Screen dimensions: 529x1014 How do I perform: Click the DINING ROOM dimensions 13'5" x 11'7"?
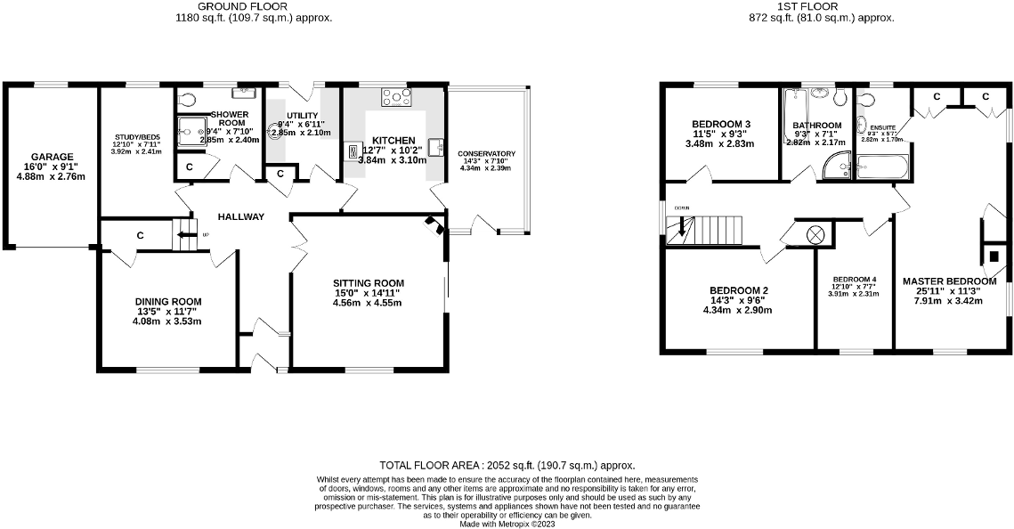168,312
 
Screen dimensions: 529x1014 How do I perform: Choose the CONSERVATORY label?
487,153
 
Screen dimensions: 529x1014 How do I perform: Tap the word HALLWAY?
240,216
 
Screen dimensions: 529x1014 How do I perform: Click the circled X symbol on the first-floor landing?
814,235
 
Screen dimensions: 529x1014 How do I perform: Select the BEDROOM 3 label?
722,124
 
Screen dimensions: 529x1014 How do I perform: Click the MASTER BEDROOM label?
949,281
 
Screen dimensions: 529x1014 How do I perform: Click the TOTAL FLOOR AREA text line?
507,465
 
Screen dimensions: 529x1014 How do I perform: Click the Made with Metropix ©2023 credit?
507,525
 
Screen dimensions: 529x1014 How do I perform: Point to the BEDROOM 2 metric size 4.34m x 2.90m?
737,310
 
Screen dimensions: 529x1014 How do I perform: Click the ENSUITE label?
882,128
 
